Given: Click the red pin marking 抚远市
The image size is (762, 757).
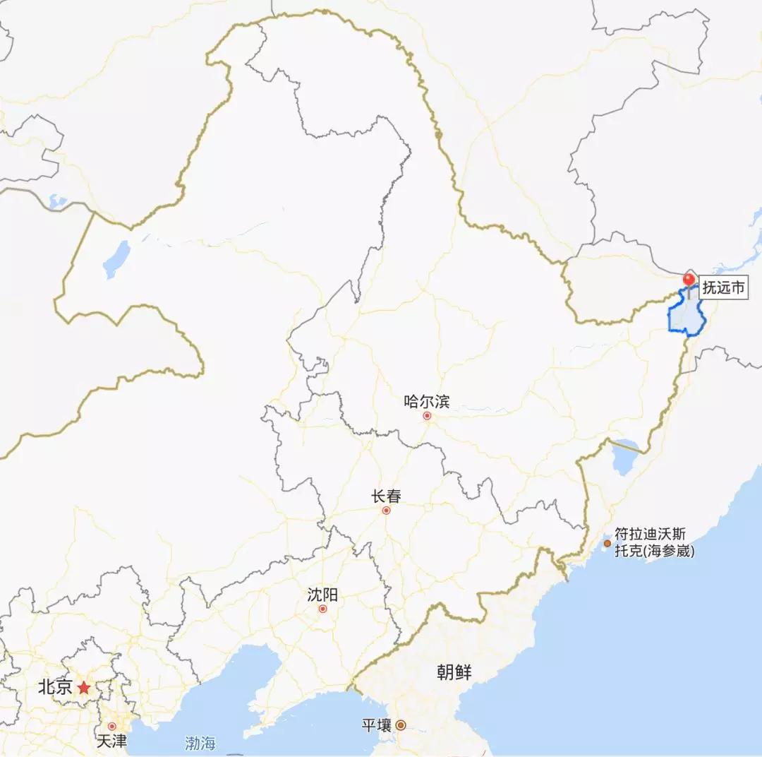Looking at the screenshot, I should click(689, 280).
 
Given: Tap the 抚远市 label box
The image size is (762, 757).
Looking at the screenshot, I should click(723, 288).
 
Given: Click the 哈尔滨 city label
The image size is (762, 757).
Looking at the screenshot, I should click(426, 402).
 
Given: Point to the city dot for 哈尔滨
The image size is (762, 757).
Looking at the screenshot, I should click(427, 416).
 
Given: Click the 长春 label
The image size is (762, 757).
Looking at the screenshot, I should click(386, 496).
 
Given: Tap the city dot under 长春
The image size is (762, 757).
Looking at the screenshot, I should click(386, 511).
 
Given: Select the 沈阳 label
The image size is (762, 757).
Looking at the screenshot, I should click(322, 595).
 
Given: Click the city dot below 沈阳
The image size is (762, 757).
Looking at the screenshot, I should click(322, 609).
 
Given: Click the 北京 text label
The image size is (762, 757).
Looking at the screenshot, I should click(55, 687).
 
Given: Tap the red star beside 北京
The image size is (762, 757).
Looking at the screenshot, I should click(84, 687).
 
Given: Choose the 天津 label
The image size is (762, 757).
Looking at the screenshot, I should click(111, 741).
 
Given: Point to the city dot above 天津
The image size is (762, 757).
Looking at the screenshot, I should click(111, 726).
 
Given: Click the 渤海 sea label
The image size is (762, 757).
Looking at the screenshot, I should click(200, 743).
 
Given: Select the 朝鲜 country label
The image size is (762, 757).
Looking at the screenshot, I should click(454, 673).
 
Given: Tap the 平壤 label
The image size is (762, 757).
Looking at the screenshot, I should click(376, 725).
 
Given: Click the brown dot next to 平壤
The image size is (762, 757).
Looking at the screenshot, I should click(400, 725).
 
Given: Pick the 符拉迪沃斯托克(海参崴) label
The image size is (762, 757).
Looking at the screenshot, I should click(654, 542).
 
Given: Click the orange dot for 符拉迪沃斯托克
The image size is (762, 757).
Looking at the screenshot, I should click(607, 543).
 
